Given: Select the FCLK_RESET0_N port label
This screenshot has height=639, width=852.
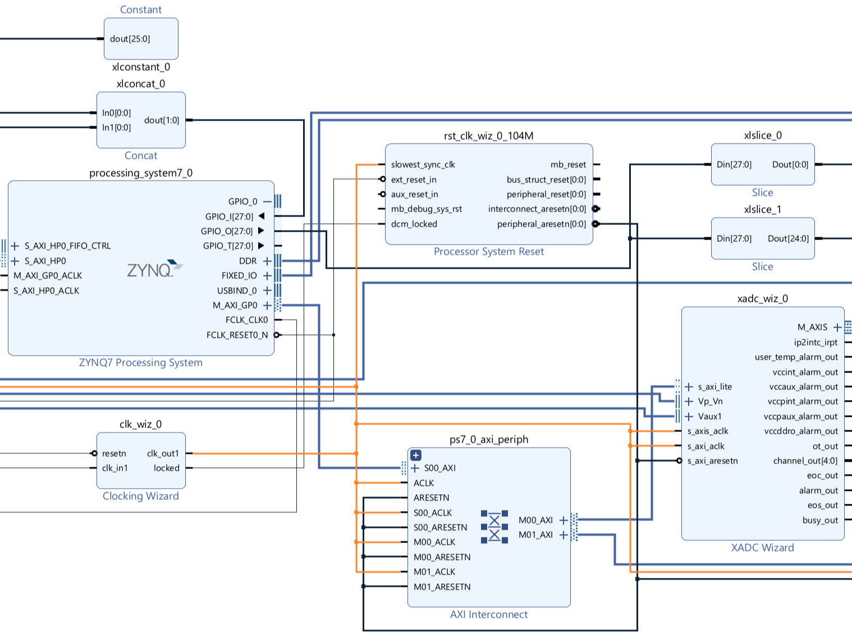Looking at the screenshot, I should [237, 335].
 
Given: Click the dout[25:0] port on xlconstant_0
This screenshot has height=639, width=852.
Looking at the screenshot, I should [130, 39].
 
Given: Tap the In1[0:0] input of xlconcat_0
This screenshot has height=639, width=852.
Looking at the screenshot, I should [116, 127].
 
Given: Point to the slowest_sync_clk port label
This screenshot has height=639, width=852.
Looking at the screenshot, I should [423, 164].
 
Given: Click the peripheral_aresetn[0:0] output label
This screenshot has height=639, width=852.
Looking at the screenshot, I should [541, 224].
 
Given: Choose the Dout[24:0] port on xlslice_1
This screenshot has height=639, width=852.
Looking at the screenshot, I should [788, 238].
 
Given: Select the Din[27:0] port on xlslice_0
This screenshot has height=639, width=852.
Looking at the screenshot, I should [734, 164].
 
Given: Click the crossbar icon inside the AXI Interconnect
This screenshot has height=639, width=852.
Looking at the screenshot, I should [494, 527].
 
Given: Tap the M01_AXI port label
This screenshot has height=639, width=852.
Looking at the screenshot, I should [535, 535].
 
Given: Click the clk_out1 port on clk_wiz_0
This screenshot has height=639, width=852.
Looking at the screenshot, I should [163, 453].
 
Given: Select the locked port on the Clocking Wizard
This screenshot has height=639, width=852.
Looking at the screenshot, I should [166, 468].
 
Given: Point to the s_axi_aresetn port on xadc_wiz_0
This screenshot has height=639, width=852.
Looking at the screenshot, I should [712, 461].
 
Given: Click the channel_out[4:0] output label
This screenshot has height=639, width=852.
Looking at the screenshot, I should [805, 461].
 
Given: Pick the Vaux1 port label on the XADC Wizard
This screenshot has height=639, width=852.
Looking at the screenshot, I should [709, 416].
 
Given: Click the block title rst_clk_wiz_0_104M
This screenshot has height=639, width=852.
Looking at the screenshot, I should [488, 136].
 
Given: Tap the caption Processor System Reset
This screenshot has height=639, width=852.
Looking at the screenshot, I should [488, 251].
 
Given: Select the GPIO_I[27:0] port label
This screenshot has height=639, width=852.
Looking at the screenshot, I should [229, 217].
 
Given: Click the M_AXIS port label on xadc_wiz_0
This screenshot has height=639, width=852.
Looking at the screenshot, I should [812, 327].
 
